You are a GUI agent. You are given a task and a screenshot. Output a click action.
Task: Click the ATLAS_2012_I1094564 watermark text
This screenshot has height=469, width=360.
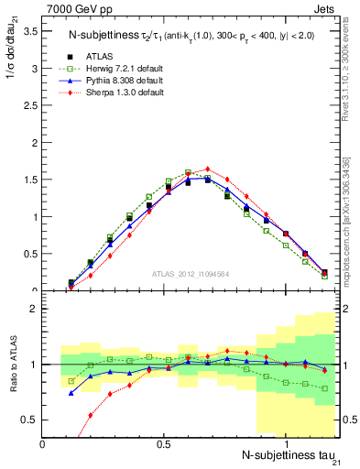[x=191, y=273]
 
